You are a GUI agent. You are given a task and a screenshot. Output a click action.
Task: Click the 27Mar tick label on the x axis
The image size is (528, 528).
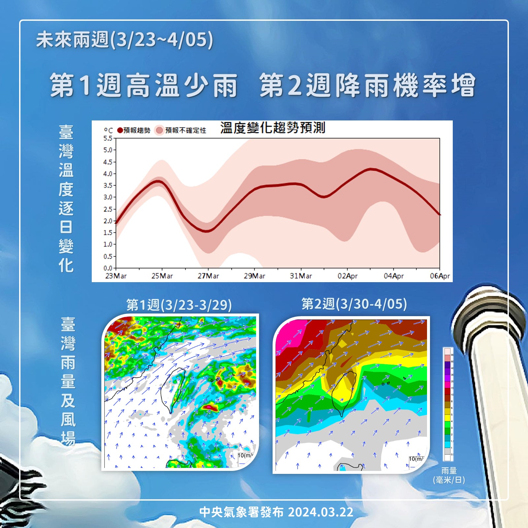coord(208,276)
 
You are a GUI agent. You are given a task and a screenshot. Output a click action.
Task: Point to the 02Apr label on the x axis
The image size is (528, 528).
coord(347,276)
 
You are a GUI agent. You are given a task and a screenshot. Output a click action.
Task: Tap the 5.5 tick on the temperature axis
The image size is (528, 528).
coord(108,138)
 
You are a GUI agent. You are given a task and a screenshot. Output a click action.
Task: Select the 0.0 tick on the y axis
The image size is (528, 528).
coord(108,268)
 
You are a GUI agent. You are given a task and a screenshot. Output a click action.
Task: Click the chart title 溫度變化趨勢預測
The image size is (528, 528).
coord(273,128)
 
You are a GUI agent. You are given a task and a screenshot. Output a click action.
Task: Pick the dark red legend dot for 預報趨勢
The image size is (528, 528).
coord(120,130)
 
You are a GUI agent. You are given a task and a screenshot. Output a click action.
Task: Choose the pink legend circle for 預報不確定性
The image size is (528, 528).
coord(160,130)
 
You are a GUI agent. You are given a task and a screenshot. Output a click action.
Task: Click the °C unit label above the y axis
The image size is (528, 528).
coord(108,131)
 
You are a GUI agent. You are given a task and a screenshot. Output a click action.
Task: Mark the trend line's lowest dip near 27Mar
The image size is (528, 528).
coord(207,231)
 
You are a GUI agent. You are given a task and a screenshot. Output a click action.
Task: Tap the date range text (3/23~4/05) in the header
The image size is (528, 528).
coord(162,40)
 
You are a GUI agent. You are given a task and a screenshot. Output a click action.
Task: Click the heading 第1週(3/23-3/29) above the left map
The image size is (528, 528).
coord(179,305)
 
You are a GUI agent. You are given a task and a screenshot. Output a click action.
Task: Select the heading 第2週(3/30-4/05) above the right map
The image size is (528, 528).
coord(354,304)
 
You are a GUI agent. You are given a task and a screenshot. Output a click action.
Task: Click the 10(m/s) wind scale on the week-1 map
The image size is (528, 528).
coord(245,456)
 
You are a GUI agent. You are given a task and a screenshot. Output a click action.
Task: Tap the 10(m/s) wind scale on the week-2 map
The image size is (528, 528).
coord(416,459)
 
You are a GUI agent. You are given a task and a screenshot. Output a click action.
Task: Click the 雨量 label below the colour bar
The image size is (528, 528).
coord(449,471)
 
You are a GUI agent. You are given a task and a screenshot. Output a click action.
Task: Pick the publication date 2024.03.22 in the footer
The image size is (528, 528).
coord(320,512)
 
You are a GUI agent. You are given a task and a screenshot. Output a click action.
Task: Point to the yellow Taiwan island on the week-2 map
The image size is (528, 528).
coord(344,389)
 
